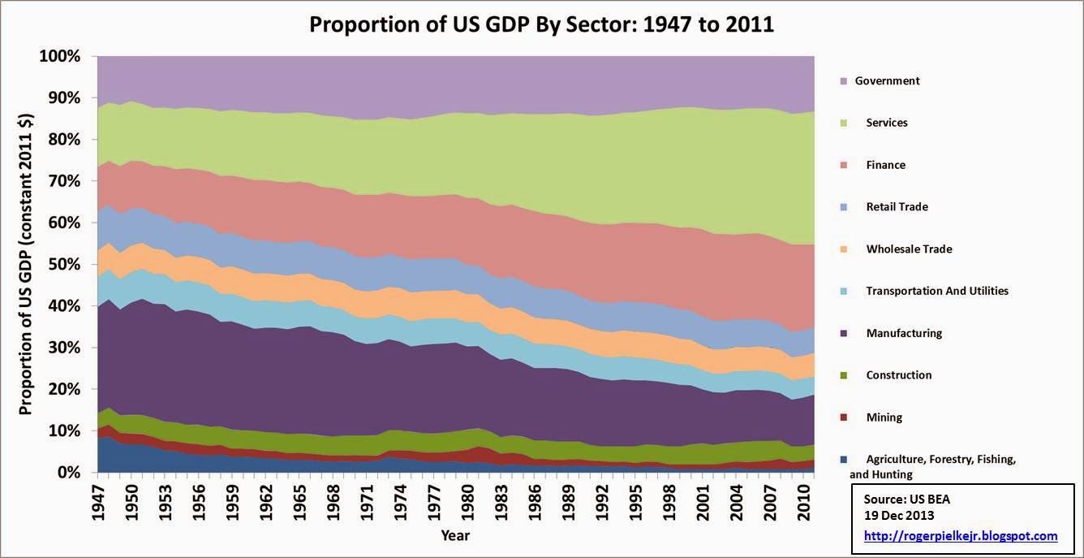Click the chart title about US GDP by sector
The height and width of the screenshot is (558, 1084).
(x=541, y=24)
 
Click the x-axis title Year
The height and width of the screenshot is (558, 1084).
(x=455, y=535)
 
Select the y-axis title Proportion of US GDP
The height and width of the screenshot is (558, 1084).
(x=26, y=264)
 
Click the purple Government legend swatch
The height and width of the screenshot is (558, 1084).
(x=843, y=81)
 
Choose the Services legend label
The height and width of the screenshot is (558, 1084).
(x=887, y=123)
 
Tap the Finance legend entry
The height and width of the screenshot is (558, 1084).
(x=885, y=165)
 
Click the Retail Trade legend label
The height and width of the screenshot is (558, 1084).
(x=897, y=207)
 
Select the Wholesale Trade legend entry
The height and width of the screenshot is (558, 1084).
(x=909, y=249)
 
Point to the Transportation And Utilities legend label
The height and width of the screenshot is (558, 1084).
(x=937, y=291)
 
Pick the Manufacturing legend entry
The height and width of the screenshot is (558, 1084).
(x=904, y=333)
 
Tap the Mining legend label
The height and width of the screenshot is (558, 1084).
(x=884, y=417)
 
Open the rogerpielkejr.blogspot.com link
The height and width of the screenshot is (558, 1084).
(x=961, y=536)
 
